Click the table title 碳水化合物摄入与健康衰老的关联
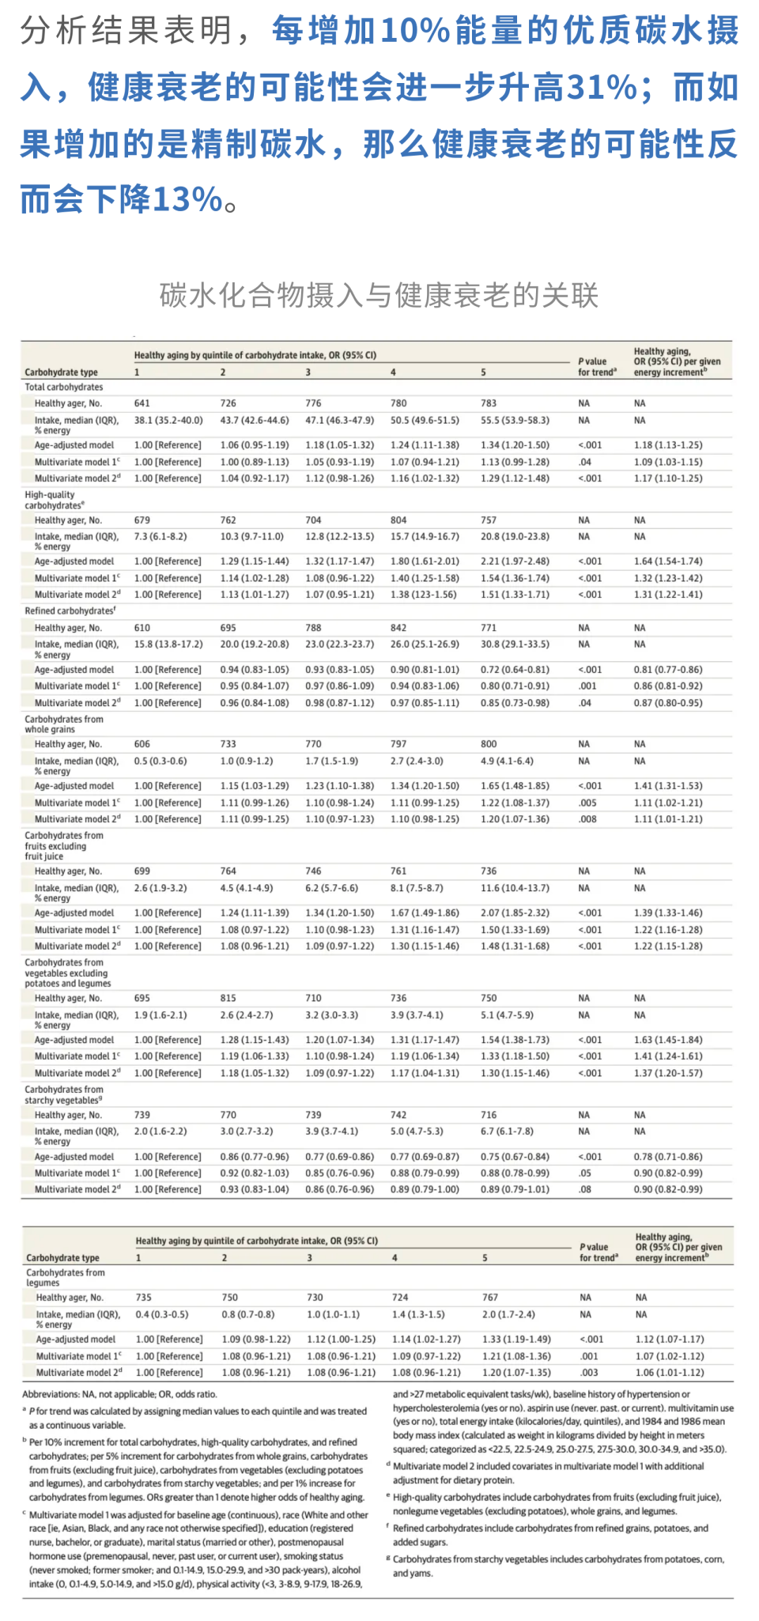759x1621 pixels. (379, 295)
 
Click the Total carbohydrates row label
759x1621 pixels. (64, 387)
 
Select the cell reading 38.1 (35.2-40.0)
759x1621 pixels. (168, 421)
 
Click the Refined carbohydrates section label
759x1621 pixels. (70, 611)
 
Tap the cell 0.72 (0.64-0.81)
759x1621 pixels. (515, 670)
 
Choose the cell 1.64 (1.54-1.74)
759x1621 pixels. (668, 561)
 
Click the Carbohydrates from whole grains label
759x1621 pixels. (64, 724)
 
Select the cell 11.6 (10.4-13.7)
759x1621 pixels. (515, 889)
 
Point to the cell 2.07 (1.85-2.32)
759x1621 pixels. (515, 913)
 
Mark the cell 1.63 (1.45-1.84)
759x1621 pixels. (668, 1041)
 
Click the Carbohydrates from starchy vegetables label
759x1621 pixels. (64, 1095)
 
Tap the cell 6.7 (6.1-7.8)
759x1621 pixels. (507, 1132)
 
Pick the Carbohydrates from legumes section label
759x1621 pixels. (66, 1278)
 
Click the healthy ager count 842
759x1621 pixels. (398, 628)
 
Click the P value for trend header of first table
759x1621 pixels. (597, 367)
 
